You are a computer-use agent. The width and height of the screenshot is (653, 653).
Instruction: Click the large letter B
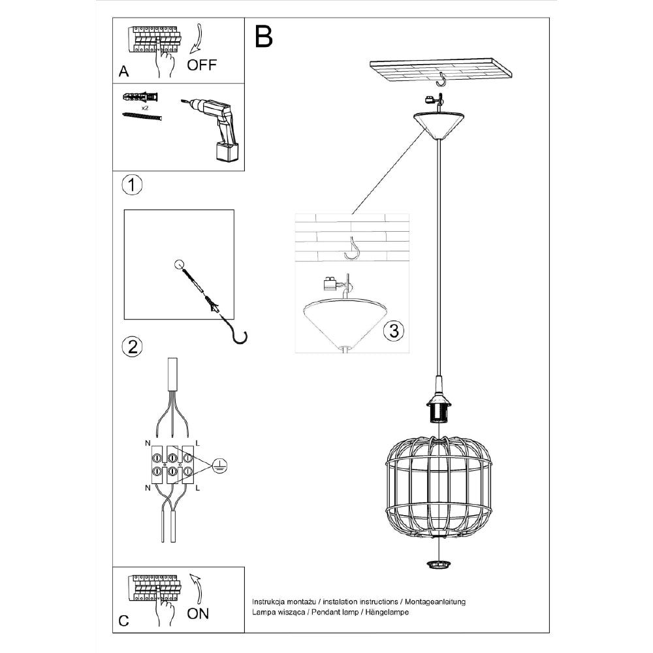tap(263, 38)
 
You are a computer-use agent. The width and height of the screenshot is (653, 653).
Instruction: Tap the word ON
tap(199, 614)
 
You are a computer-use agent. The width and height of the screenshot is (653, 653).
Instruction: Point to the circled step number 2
tap(132, 347)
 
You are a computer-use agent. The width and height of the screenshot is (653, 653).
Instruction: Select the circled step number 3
tap(392, 330)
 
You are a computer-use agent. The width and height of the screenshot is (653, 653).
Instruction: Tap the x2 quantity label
tap(144, 106)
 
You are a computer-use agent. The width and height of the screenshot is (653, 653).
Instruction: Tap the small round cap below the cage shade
tap(439, 564)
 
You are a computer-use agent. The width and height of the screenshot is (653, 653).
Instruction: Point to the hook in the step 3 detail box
tap(353, 248)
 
